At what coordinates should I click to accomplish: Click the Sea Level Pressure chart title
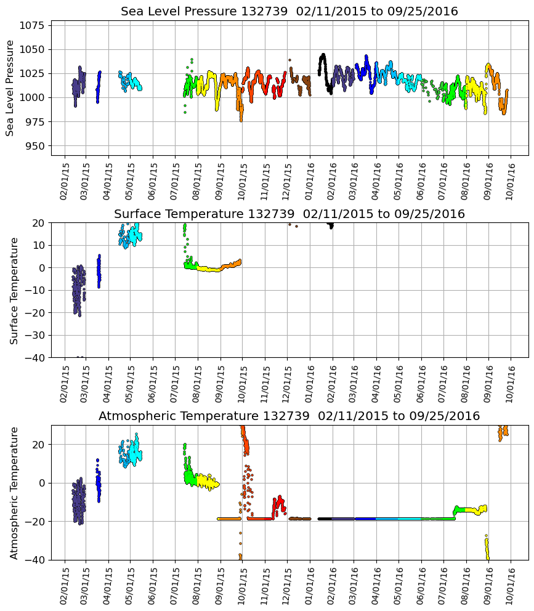[x=289, y=12]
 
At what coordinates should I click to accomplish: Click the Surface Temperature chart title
[x=289, y=214]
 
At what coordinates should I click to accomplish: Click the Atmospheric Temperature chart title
[x=289, y=416]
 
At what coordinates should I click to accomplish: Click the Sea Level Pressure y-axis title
[x=10, y=88]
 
